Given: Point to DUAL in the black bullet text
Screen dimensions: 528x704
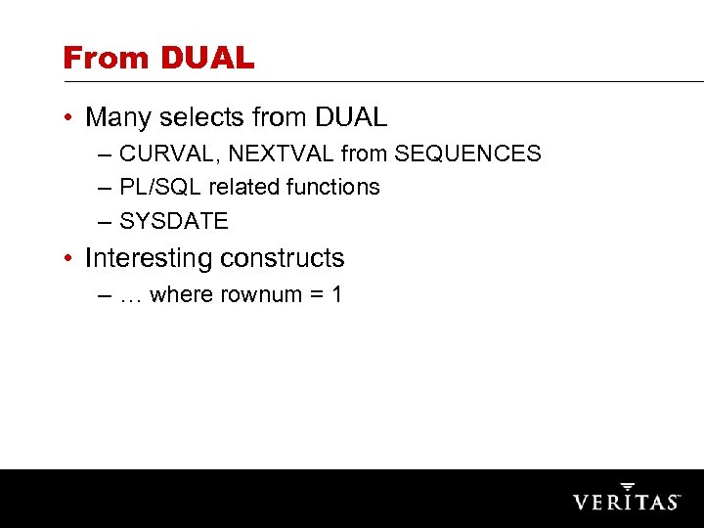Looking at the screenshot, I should pos(351,118).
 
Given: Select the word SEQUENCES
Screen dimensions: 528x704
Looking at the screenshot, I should pos(467,154).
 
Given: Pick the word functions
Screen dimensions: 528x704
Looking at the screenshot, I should pos(332,187).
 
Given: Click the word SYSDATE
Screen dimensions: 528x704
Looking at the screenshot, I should pos(173,222).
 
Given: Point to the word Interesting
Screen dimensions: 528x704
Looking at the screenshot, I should pos(149,258).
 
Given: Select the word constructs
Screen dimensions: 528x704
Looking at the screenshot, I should pos(283,258).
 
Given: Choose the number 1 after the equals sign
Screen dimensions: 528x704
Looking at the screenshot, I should pos(336,294).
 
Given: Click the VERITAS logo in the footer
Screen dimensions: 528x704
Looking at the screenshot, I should pos(626,499).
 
